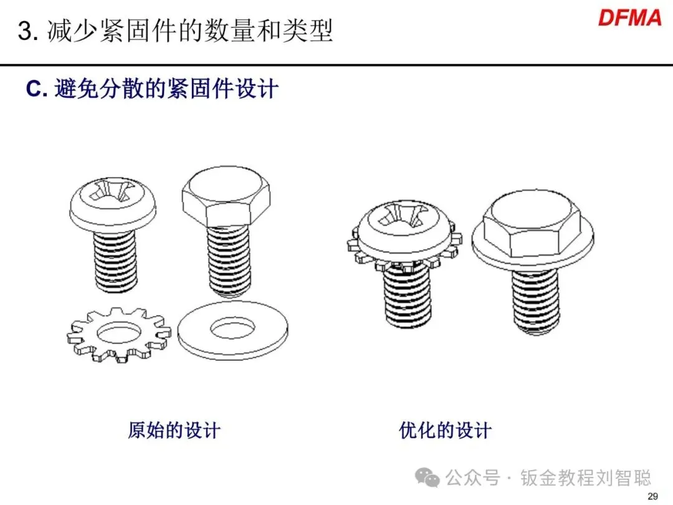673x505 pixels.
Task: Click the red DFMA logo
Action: point(629,18)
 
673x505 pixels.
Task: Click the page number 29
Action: point(652,496)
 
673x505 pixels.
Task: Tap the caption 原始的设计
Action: point(174,430)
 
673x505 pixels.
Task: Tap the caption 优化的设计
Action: point(445,430)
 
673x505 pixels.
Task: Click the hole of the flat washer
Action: point(232,329)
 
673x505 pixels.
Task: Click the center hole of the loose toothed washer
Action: point(119,332)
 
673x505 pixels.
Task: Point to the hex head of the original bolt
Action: point(226,196)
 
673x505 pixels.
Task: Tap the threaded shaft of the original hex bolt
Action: point(228,261)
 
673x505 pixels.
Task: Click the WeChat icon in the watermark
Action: point(427,478)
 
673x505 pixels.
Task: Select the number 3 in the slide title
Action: point(25,31)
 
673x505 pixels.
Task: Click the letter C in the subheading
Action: point(34,89)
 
